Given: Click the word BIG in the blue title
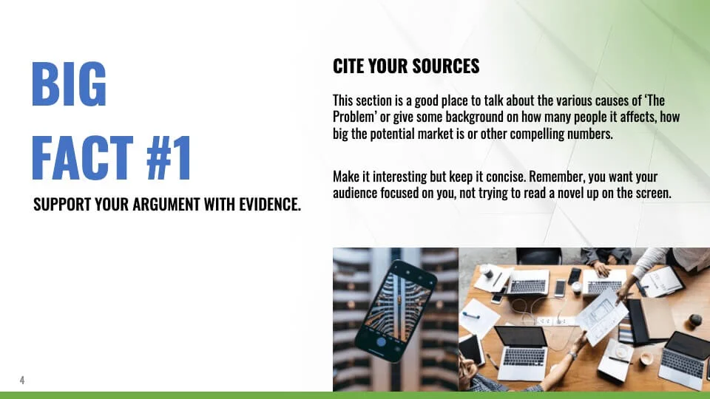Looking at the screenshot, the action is pyautogui.click(x=69, y=84).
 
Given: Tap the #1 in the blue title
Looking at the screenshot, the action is pyautogui.click(x=169, y=158).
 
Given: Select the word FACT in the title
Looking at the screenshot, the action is pyautogui.click(x=82, y=158).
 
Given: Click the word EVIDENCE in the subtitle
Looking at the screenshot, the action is pyautogui.click(x=270, y=205).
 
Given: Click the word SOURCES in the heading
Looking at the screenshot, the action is pyautogui.click(x=445, y=66).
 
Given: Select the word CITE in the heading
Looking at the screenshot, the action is pyautogui.click(x=348, y=66).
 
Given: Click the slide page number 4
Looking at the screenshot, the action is pyautogui.click(x=21, y=380).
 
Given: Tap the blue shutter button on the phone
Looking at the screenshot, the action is pyautogui.click(x=382, y=341).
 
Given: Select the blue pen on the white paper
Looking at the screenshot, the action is pyautogui.click(x=470, y=316).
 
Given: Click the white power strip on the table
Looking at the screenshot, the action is pyautogui.click(x=551, y=320).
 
